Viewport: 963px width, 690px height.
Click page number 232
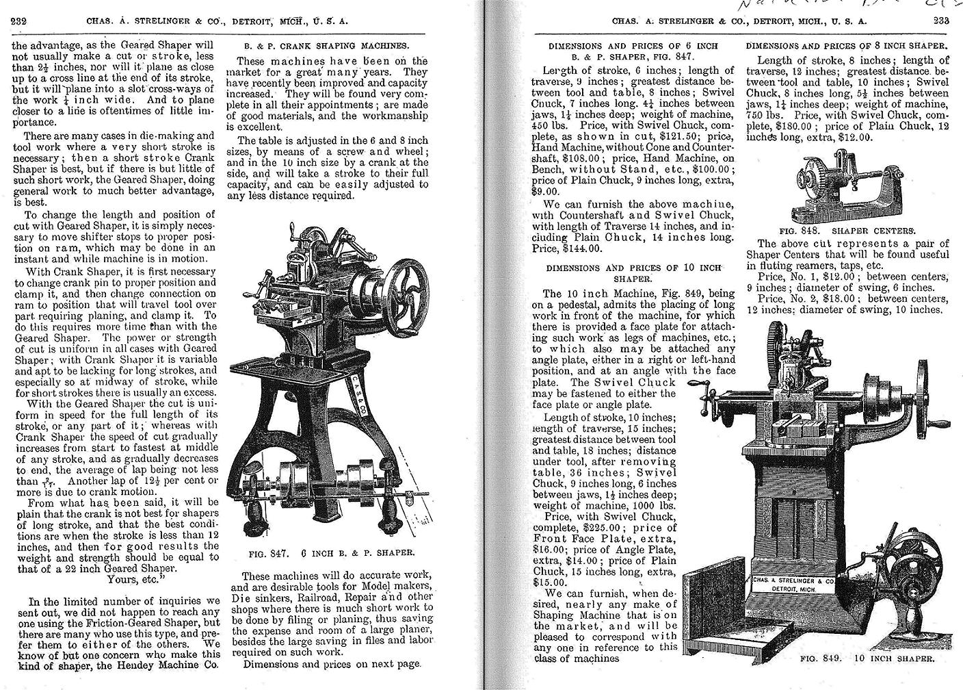(x=18, y=21)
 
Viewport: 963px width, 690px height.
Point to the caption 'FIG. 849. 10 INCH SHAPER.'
(x=867, y=659)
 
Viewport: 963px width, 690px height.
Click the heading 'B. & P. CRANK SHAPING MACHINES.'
(x=327, y=46)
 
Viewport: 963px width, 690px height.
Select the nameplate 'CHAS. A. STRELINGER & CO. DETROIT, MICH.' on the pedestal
(x=793, y=584)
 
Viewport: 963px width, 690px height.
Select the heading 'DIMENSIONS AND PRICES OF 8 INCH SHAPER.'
(x=847, y=46)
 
